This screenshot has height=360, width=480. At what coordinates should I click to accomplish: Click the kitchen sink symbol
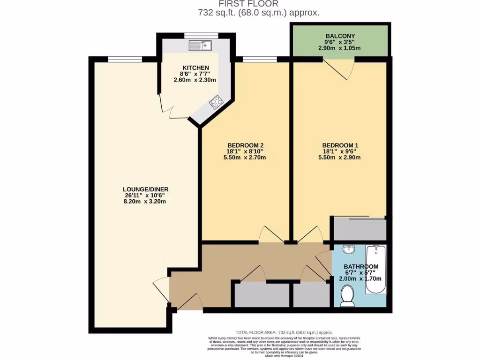point(201,45)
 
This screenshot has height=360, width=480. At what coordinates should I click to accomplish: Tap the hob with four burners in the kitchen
point(216,102)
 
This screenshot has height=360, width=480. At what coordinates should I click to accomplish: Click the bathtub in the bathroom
point(375,269)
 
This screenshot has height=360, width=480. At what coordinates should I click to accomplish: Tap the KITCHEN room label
point(193,68)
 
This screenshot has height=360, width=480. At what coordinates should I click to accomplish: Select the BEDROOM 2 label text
point(245,145)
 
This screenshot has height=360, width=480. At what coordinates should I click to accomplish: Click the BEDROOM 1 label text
point(339,145)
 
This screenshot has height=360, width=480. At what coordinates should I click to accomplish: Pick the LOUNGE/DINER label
point(143,189)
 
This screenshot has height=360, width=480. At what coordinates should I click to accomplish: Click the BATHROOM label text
point(360,267)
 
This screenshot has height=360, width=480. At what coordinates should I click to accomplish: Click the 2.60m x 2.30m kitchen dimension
point(195,80)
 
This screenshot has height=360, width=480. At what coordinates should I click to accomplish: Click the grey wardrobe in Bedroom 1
point(360,230)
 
